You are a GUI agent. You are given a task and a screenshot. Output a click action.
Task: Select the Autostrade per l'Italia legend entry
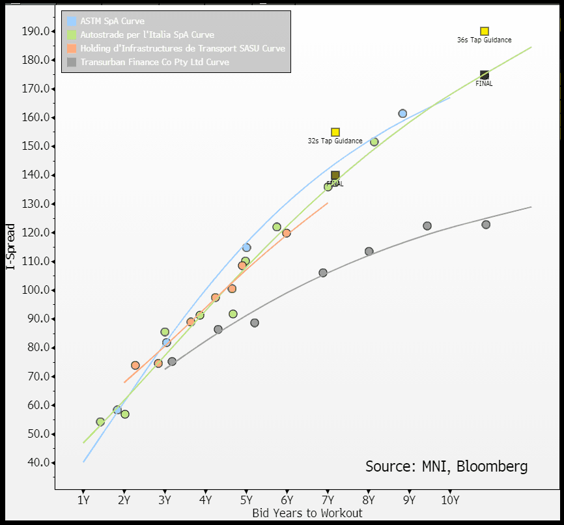point(147,35)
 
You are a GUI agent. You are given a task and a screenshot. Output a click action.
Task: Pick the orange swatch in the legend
point(72,48)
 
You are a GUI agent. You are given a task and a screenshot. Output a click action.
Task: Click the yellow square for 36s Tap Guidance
point(485,31)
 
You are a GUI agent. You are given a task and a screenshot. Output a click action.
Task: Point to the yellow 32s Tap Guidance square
point(335,132)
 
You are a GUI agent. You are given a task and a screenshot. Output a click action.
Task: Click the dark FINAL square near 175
point(485,75)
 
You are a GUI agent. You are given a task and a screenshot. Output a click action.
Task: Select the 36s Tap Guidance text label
point(484,40)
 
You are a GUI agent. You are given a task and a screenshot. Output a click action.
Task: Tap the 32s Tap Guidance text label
point(335,141)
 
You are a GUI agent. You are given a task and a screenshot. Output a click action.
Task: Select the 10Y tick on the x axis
point(450,500)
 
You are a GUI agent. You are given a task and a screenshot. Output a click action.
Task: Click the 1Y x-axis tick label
point(83,500)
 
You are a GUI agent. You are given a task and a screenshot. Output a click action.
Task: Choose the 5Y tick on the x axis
point(246,500)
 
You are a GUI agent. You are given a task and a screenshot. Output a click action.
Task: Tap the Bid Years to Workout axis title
point(307,513)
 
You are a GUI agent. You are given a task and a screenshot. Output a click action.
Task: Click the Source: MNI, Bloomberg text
point(446,466)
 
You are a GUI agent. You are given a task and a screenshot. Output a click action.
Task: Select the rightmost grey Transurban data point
point(486,225)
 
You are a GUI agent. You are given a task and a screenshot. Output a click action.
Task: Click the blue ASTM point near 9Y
point(402,113)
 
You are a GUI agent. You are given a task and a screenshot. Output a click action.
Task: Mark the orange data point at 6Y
point(287,233)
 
